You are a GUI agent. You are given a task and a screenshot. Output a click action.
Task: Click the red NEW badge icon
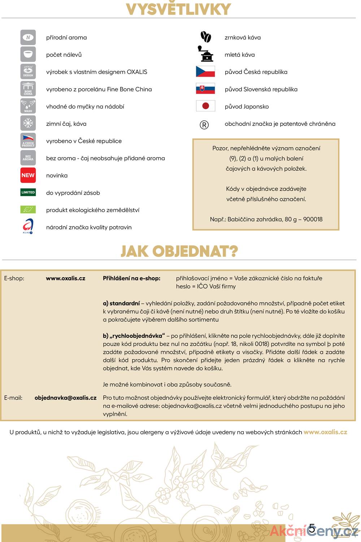tap(28, 175)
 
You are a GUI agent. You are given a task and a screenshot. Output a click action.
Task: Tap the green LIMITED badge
tap(28, 193)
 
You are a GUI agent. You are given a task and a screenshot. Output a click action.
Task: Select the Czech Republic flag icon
tap(205, 72)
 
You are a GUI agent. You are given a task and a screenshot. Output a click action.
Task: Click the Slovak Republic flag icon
tap(205, 89)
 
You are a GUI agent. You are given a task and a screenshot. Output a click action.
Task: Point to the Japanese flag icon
tap(205, 106)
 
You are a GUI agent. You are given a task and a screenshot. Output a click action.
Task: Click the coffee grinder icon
tap(205, 54)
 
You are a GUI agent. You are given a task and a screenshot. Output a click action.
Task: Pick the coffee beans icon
tap(205, 37)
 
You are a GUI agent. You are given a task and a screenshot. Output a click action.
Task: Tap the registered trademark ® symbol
tap(204, 125)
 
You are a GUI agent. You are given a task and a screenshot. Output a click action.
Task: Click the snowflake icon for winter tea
tap(28, 124)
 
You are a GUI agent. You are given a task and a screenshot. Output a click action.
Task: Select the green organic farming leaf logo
tap(28, 210)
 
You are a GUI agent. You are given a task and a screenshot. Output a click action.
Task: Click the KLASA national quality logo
tap(28, 226)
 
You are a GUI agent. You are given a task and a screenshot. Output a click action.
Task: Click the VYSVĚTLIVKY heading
tap(178, 9)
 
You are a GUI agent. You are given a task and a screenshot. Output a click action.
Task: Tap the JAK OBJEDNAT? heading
tap(179, 251)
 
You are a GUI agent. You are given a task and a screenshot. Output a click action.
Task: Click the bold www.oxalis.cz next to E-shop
tap(65, 278)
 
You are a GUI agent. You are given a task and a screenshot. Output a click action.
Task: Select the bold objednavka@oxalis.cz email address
tap(65, 398)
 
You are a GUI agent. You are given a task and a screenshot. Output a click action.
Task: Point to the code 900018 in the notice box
tap(313, 219)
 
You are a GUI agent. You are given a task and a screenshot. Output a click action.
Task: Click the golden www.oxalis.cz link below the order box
tap(325, 432)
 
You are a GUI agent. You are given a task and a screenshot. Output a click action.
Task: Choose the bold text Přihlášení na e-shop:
tap(131, 278)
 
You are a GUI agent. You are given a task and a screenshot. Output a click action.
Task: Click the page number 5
tap(312, 528)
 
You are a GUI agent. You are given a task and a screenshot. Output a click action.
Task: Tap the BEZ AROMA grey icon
tap(28, 158)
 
